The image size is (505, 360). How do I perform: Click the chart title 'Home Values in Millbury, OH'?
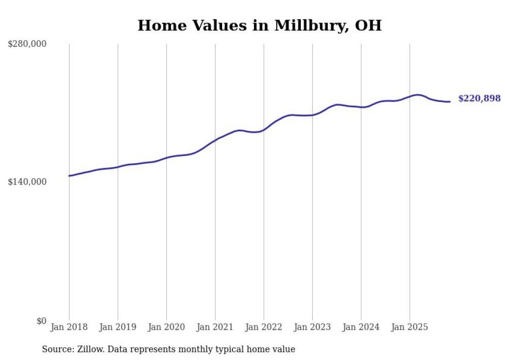[x=259, y=25]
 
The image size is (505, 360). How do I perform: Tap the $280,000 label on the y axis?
[x=27, y=44]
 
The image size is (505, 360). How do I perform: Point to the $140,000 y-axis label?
[x=27, y=182]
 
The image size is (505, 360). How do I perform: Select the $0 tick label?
[x=42, y=321]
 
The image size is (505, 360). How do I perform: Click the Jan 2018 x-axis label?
[x=69, y=327]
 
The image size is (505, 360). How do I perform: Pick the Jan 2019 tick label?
[x=117, y=327]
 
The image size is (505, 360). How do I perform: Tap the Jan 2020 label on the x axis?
[x=166, y=327]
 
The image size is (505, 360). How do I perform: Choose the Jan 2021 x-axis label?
[x=215, y=327]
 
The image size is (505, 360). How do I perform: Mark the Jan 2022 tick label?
[x=264, y=327]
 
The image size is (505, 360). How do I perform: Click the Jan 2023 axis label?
[x=312, y=327]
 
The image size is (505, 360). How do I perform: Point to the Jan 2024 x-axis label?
[x=361, y=327]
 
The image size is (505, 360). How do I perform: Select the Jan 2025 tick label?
[x=410, y=327]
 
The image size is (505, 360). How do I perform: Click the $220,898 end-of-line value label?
[x=479, y=98]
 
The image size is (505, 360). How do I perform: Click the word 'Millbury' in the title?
[x=309, y=25]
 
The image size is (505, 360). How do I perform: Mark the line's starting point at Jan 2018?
[x=69, y=176]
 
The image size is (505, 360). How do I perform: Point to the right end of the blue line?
[x=450, y=101]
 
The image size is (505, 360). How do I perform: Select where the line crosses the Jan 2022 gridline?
[x=264, y=130]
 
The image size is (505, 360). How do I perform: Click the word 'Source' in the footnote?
[x=56, y=349]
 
